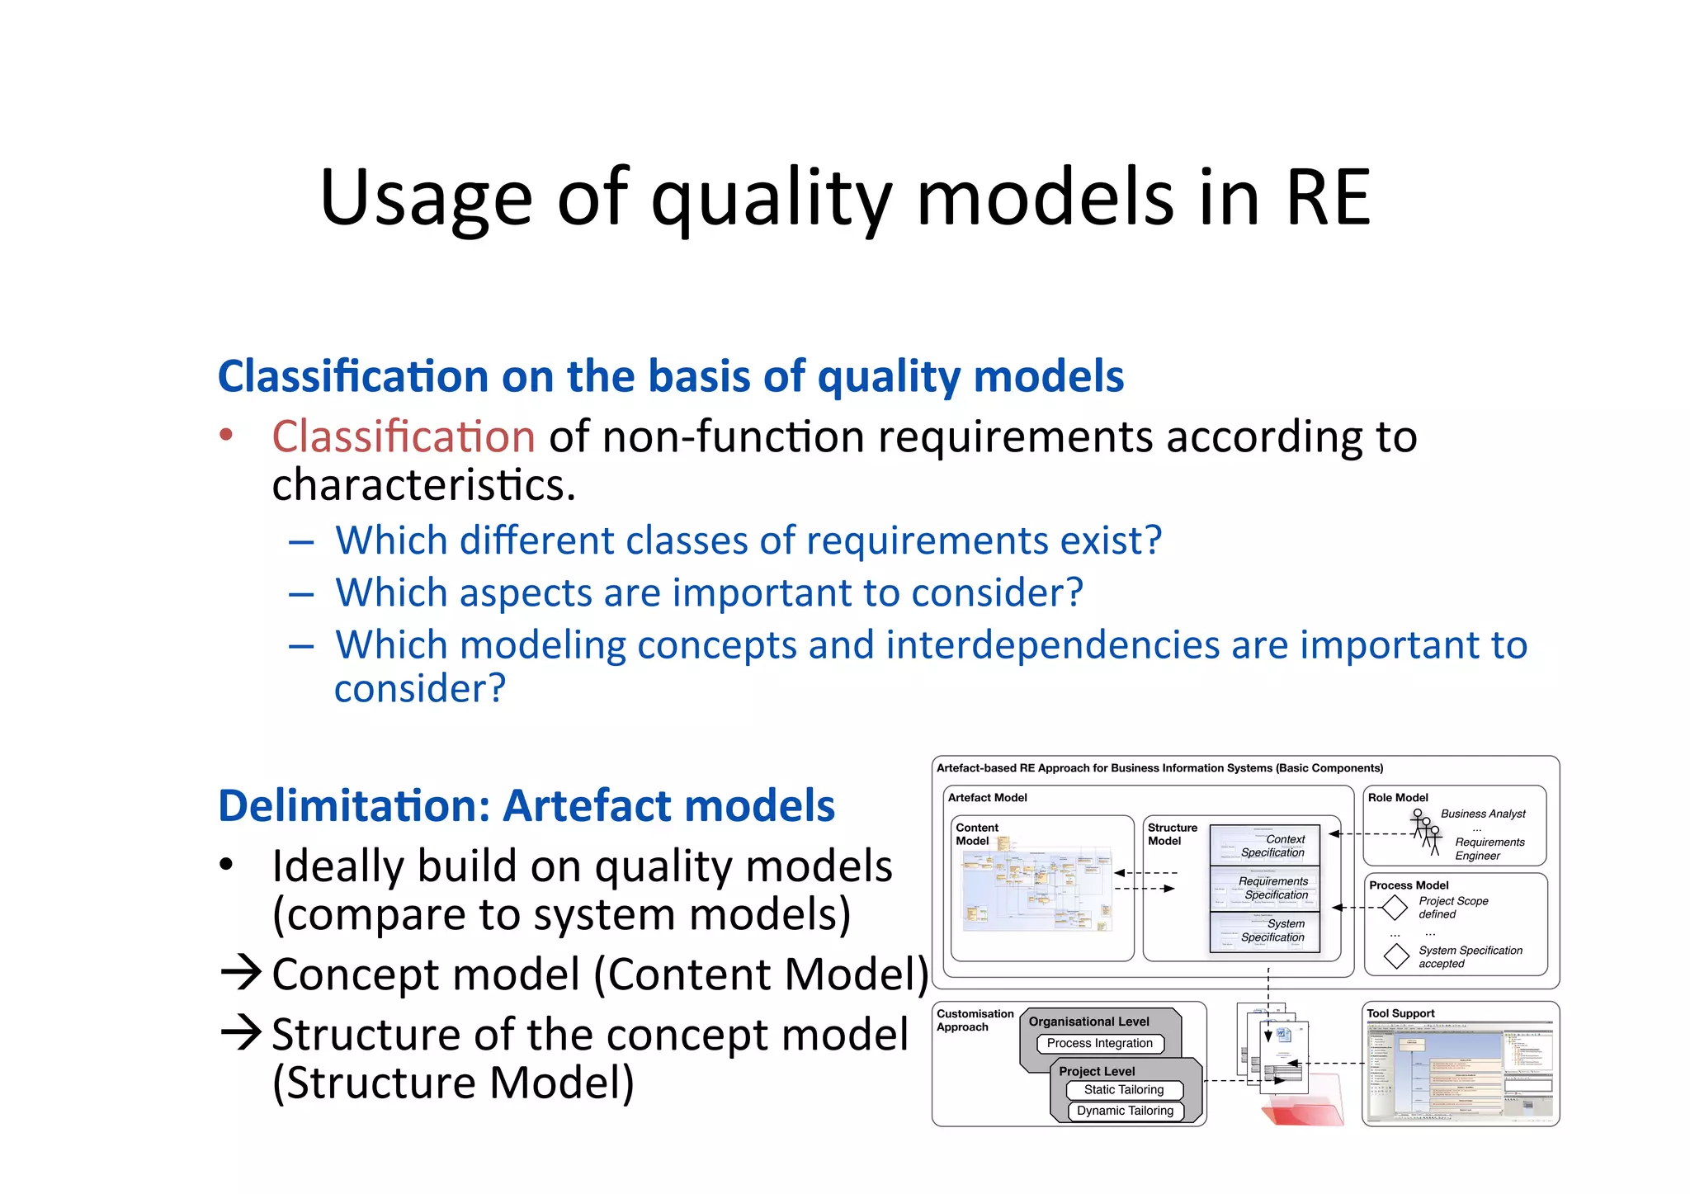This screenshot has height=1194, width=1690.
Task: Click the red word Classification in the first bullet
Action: tap(404, 436)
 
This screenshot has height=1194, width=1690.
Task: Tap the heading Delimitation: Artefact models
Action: tap(526, 805)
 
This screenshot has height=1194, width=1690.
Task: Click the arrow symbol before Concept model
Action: tap(242, 974)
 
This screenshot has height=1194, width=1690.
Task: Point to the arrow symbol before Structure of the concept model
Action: tap(242, 1033)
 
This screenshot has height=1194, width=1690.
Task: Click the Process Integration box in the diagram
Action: tap(1099, 1043)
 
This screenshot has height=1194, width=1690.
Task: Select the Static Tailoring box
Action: tap(1123, 1089)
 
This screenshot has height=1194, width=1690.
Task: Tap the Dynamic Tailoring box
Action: tap(1124, 1111)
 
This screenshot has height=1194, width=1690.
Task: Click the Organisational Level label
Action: tap(1088, 1022)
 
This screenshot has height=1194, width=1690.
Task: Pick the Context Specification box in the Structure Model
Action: tap(1265, 845)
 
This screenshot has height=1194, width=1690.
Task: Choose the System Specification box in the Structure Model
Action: tap(1265, 931)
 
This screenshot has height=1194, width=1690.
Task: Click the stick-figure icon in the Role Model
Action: tap(1425, 831)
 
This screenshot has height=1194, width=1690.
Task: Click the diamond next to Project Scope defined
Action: tap(1394, 907)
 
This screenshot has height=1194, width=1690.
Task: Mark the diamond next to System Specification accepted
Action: tap(1396, 956)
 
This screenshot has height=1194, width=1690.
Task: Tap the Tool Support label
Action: tap(1400, 1013)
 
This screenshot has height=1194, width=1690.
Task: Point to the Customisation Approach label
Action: tap(975, 1020)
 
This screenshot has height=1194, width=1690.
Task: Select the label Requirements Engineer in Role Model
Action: tap(1489, 848)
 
